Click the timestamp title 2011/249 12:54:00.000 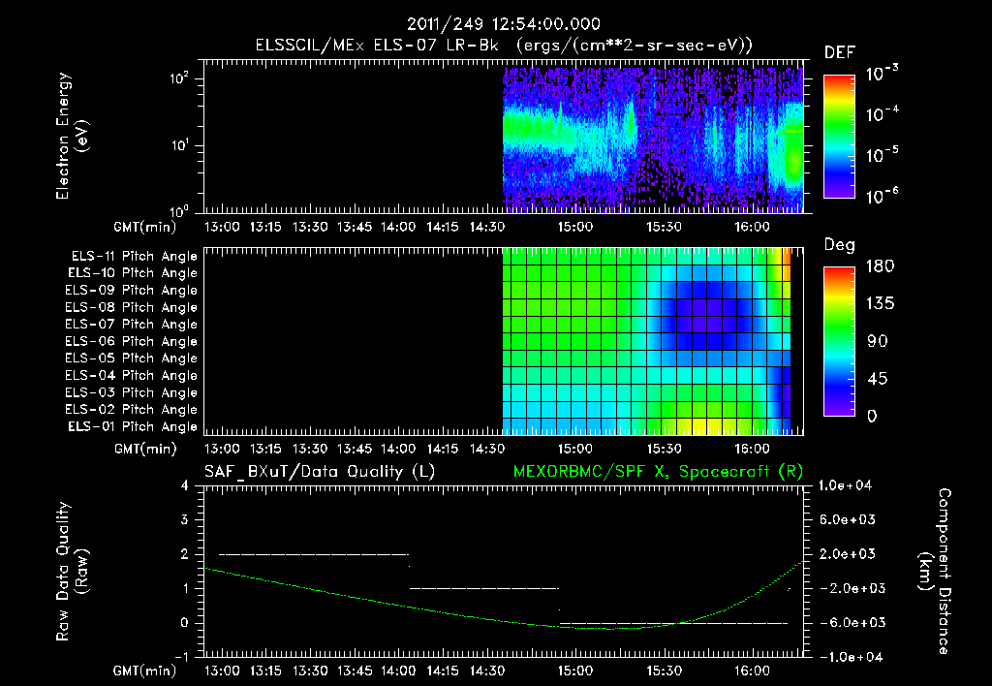[504, 24]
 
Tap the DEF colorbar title [839, 53]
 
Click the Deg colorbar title [839, 245]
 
